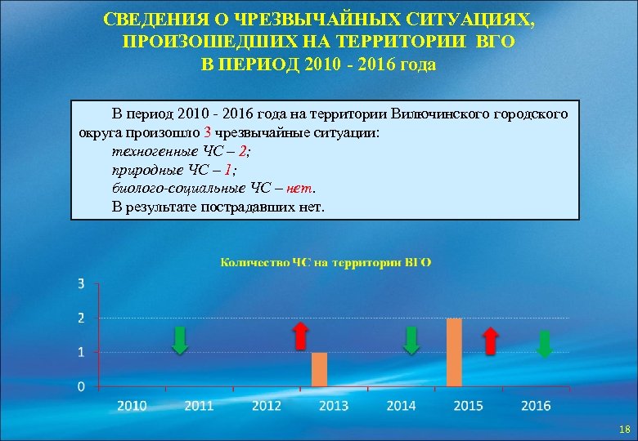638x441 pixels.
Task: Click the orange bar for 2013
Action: (320, 369)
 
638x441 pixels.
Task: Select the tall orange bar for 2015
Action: (454, 352)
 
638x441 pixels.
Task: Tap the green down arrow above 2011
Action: (181, 340)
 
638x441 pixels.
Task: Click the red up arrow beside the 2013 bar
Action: (301, 336)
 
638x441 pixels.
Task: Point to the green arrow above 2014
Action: (412, 340)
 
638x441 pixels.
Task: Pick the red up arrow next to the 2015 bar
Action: (490, 341)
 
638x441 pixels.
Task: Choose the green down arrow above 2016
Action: (544, 345)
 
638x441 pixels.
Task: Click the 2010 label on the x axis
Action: (133, 405)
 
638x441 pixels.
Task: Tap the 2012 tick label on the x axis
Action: (267, 405)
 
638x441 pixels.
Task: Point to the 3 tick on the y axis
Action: (81, 283)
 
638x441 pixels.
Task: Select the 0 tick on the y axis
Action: (81, 386)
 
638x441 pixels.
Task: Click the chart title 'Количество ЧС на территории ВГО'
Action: (326, 262)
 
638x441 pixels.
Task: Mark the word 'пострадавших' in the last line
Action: (254, 207)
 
